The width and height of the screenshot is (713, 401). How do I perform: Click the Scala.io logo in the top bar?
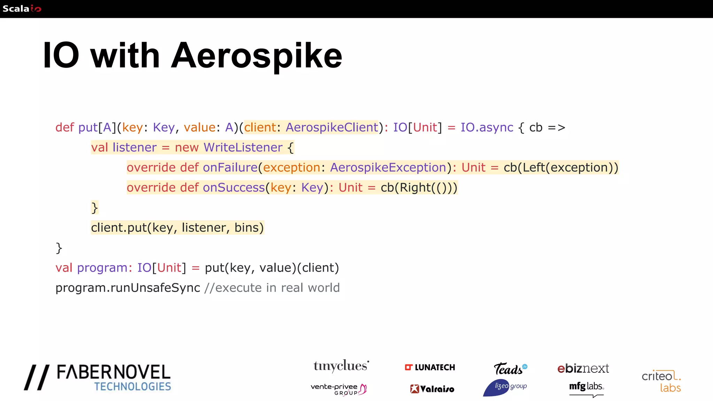22,9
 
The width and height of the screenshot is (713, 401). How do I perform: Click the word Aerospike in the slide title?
257,56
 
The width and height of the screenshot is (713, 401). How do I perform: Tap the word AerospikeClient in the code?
332,127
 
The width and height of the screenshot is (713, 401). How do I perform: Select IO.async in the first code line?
487,127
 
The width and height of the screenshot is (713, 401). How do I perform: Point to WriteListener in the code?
243,148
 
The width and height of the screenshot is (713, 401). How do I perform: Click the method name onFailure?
230,168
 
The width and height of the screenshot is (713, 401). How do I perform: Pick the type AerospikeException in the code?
388,168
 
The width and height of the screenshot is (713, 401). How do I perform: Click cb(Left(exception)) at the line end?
561,168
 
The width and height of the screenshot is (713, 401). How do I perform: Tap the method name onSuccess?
234,188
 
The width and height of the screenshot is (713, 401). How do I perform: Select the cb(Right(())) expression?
419,188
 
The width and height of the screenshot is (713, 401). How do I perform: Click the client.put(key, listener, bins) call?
177,228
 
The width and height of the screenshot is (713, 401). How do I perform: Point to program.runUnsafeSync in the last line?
128,288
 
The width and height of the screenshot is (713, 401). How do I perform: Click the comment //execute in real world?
272,288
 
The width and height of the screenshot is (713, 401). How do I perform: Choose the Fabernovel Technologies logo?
97,378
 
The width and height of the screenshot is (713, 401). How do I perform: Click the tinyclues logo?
341,366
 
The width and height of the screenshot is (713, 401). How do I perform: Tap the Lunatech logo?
430,368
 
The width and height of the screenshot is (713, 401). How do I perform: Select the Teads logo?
510,369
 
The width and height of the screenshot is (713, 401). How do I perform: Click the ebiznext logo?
583,368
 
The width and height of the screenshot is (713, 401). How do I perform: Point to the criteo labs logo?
661,381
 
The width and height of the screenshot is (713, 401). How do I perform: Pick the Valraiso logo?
432,389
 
